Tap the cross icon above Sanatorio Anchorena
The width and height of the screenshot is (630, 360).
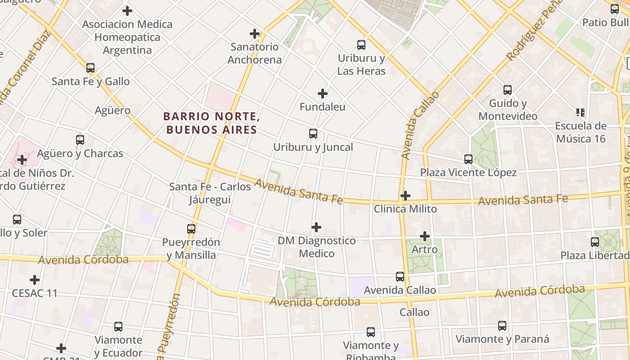click(255, 34)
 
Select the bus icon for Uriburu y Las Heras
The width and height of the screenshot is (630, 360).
click(361, 45)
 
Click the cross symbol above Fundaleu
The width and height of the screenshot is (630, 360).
click(323, 94)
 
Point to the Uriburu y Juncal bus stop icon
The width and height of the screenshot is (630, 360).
click(313, 134)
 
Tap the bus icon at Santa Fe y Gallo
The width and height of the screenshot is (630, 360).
click(90, 68)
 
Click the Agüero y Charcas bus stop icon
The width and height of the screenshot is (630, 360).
click(80, 140)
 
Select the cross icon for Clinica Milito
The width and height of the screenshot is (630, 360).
click(405, 196)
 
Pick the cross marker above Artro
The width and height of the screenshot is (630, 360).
click(425, 236)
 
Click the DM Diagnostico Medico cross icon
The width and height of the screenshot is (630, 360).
click(316, 227)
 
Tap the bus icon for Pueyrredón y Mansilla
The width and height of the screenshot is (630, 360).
click(191, 229)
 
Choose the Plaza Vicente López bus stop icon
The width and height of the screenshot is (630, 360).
click(468, 159)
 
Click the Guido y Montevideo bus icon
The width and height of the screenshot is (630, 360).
click(508, 90)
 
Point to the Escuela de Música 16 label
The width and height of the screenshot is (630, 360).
click(580, 132)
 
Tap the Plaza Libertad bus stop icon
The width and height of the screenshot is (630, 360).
click(595, 242)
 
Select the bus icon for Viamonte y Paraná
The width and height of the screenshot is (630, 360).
click(502, 326)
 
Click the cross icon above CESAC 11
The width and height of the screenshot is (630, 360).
click(35, 280)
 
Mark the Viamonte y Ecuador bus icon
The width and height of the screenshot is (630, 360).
click(118, 327)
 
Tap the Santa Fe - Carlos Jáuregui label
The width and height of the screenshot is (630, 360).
click(210, 193)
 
